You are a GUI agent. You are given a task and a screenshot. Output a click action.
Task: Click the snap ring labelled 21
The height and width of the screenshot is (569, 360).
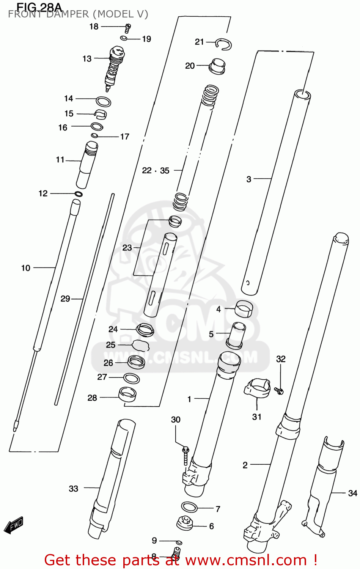click(224, 44)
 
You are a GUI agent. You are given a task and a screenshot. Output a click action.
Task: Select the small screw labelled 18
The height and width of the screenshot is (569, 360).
click(128, 27)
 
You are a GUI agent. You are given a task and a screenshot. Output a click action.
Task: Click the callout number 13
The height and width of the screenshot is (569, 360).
click(87, 59)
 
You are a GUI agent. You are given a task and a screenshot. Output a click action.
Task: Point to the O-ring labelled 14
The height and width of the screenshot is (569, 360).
click(103, 102)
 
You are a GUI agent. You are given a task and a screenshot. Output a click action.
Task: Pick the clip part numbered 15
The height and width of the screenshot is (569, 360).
click(101, 113)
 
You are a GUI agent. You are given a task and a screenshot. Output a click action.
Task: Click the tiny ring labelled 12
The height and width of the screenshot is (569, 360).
click(79, 194)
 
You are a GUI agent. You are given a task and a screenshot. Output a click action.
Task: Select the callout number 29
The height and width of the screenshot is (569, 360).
click(65, 299)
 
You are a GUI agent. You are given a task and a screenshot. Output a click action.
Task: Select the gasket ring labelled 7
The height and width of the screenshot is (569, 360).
click(189, 507)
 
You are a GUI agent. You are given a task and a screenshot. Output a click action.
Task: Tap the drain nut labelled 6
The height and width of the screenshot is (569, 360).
click(186, 523)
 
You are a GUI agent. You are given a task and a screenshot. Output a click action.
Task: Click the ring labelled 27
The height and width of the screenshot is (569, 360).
click(132, 378)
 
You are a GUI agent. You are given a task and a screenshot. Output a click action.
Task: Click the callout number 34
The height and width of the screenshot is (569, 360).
click(352, 493)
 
